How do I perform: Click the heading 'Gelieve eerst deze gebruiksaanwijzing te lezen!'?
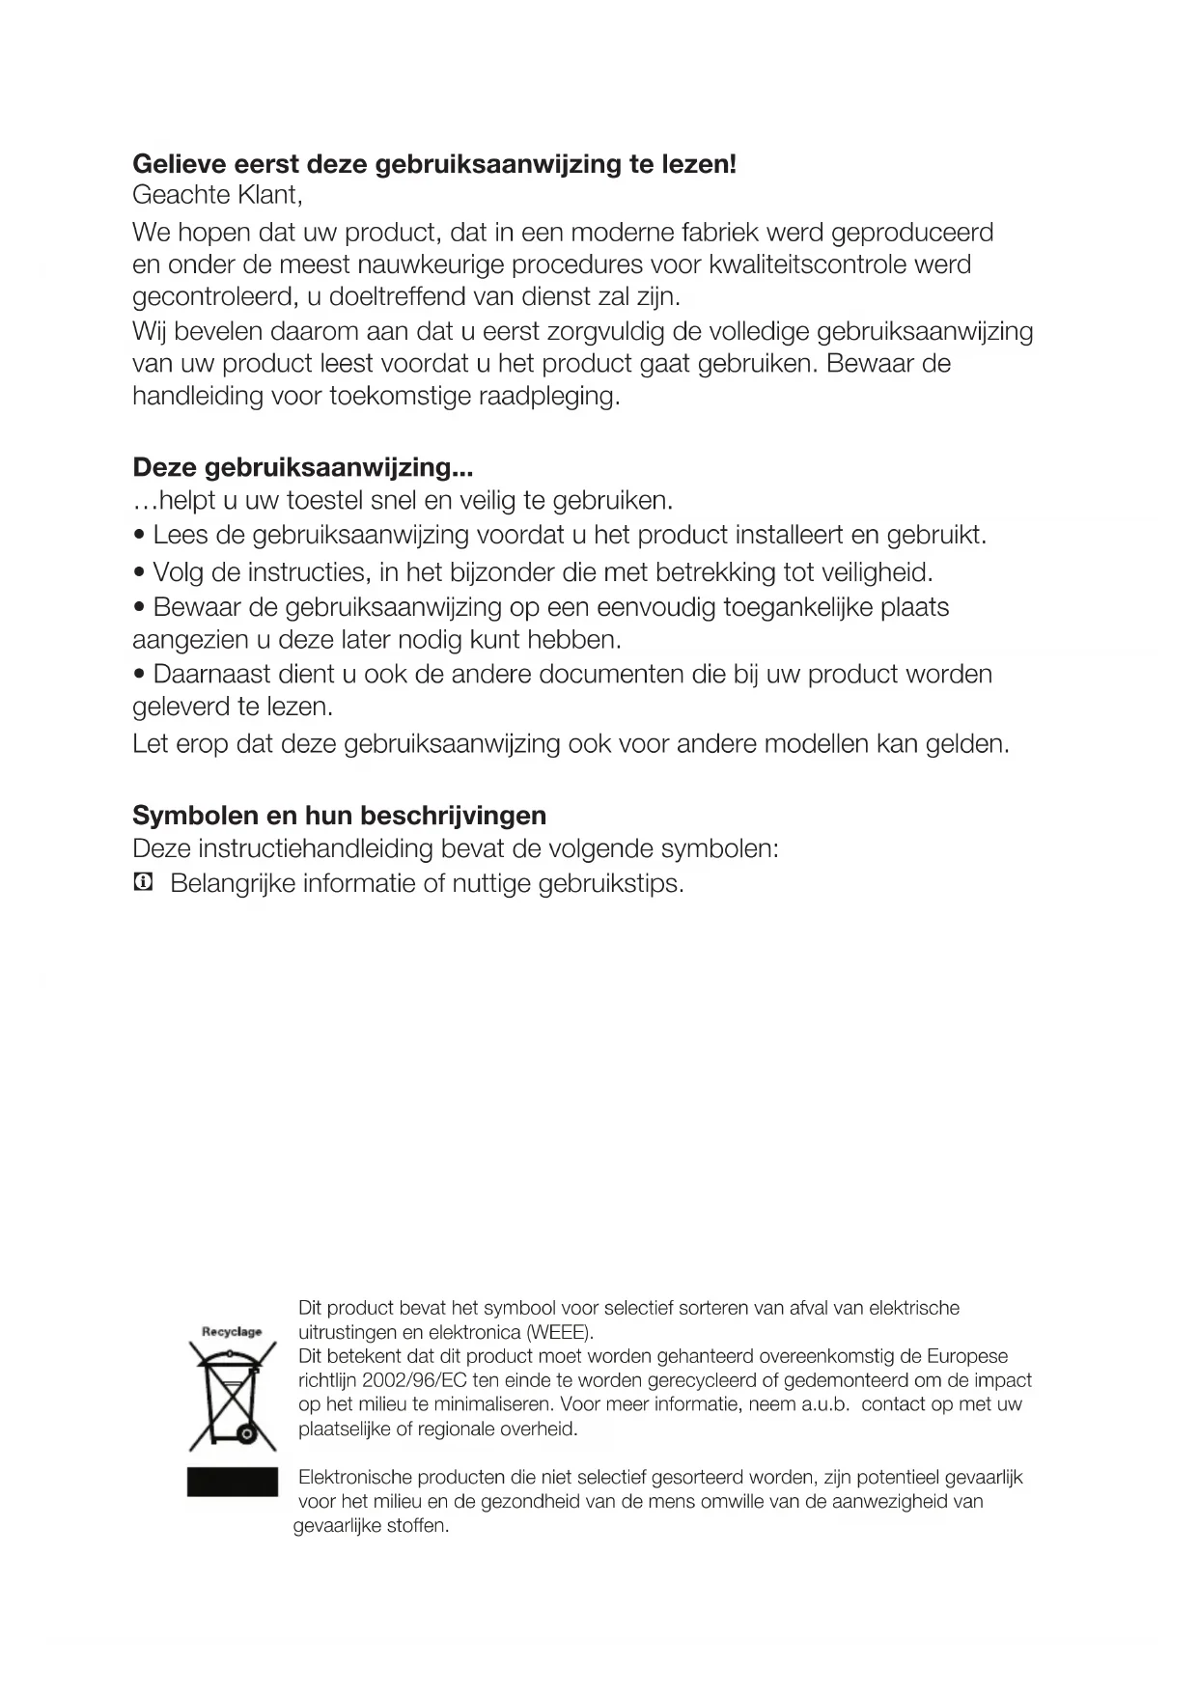434,164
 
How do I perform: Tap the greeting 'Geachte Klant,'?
217,196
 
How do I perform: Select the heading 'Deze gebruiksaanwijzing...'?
302,468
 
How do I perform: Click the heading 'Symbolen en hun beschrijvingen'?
339,816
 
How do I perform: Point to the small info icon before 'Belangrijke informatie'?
143,882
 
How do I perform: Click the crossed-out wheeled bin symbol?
233,1399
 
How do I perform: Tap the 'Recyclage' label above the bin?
232,1332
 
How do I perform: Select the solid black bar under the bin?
233,1483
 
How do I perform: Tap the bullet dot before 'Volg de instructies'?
141,574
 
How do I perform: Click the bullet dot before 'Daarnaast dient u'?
141,675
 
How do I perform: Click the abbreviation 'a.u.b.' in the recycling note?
825,1405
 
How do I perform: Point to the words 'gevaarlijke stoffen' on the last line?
371,1527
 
